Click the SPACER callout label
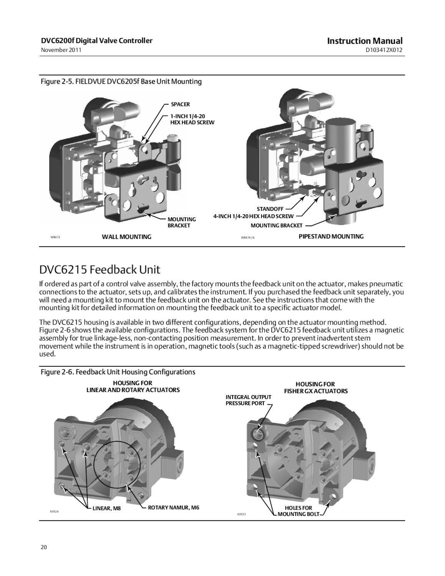pos(180,104)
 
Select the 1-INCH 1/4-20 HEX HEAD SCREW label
pos(192,119)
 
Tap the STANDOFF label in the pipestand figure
pos(270,209)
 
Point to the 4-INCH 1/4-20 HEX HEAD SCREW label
pos(253,216)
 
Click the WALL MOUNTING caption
pos(126,237)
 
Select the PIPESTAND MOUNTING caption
pos(331,236)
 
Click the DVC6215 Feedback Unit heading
pos(100,270)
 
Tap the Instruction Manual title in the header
pos(364,41)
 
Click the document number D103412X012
pos(384,50)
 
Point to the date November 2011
pos(61,50)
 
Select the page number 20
pos(43,547)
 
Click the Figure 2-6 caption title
pos(118,372)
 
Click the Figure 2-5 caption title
pos(121,81)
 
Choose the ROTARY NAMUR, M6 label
pos(174,508)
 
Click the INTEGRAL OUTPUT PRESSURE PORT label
pos(248,400)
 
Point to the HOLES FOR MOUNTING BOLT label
pos(298,511)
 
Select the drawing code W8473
pos(56,237)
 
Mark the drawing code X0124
pos(54,511)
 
